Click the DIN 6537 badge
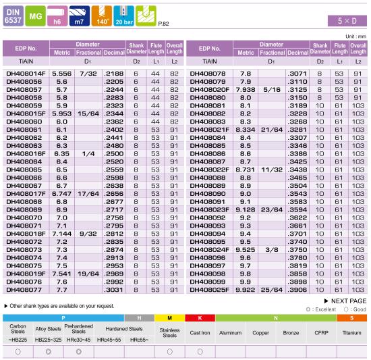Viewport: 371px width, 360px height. (13, 16)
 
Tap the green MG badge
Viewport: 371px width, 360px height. (35, 16)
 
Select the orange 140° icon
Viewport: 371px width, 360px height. (102, 16)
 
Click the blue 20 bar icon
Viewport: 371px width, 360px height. (123, 16)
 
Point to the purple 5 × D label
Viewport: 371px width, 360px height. (347, 21)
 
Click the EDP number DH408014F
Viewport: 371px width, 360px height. (26, 74)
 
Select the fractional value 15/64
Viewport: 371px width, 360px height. (88, 113)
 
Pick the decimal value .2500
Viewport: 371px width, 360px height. (114, 154)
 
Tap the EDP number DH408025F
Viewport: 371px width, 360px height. (209, 290)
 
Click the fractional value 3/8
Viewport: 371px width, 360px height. (272, 250)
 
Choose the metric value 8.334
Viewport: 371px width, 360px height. (246, 130)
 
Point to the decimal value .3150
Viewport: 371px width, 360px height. (297, 98)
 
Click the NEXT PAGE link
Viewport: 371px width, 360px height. (345, 301)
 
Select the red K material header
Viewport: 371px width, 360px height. (200, 318)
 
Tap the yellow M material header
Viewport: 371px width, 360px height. (169, 318)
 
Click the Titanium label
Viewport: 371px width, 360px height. (352, 333)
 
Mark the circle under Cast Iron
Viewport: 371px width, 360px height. (200, 352)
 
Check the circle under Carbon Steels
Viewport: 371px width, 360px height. (18, 352)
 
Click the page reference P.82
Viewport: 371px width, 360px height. (163, 24)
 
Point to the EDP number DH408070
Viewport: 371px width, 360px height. (24, 218)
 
